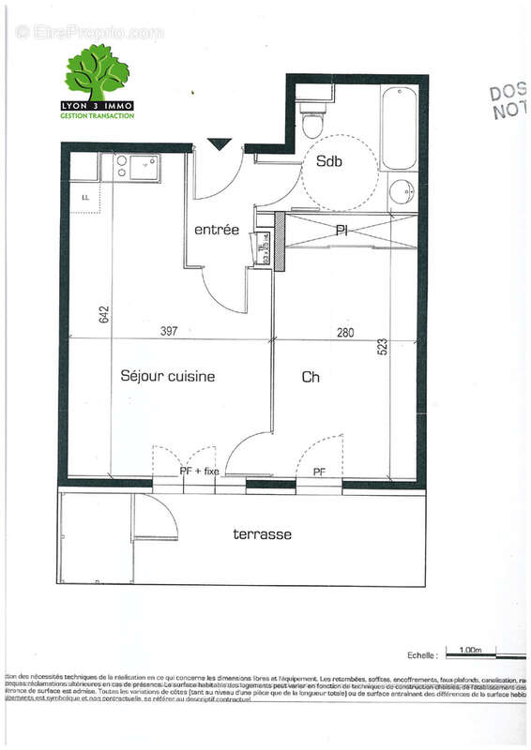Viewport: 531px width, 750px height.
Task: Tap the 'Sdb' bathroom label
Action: coord(328,161)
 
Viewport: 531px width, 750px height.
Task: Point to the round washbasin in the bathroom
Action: coord(402,189)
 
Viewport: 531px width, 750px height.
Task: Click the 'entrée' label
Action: coord(216,230)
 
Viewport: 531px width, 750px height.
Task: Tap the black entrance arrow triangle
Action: coord(219,143)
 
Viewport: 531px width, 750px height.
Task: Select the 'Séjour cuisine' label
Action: coord(168,376)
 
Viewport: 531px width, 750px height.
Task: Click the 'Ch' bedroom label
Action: coord(311,377)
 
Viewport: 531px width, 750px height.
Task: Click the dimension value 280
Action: coord(343,332)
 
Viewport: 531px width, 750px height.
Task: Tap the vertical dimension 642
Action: coord(104,314)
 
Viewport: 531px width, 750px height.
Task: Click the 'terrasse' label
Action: coord(262,534)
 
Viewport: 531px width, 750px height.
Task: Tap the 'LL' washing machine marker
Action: coord(84,197)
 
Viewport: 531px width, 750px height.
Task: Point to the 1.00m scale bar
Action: coord(472,650)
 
